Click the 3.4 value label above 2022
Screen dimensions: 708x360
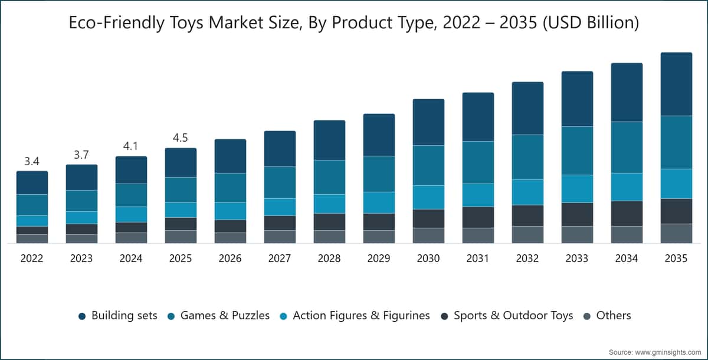pos(32,162)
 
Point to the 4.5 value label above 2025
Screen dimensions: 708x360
pos(180,138)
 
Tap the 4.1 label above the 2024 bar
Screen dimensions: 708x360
pos(130,146)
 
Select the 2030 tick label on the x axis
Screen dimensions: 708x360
pos(428,258)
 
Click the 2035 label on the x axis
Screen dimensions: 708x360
pos(676,258)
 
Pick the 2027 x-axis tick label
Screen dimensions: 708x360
pos(280,258)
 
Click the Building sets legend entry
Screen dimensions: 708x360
pos(118,315)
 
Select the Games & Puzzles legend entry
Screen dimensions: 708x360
pos(219,315)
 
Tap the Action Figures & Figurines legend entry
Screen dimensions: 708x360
pos(355,315)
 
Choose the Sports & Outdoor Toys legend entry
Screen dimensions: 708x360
pos(507,315)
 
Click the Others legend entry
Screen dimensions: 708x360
pos(607,315)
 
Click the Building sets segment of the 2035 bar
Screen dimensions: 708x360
pos(676,84)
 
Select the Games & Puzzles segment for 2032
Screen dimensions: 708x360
pos(527,157)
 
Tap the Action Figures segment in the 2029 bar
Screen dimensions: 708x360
pos(379,202)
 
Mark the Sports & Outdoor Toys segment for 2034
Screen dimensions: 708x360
pos(627,214)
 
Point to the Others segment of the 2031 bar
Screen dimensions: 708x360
pos(478,235)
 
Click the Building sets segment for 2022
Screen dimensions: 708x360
pos(32,183)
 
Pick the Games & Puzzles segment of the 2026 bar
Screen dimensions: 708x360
pos(231,188)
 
